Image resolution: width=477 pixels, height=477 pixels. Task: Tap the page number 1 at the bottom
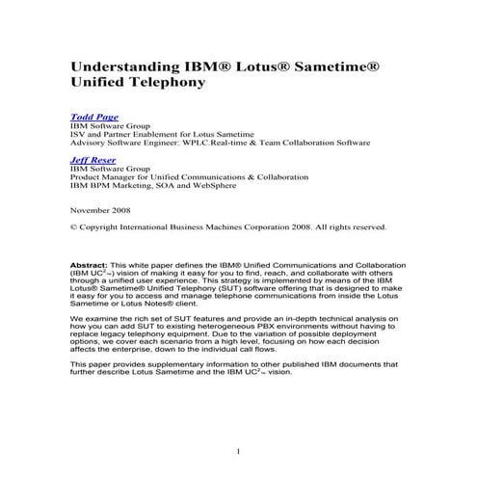(x=237, y=451)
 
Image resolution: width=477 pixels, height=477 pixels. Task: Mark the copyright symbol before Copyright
(x=75, y=227)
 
